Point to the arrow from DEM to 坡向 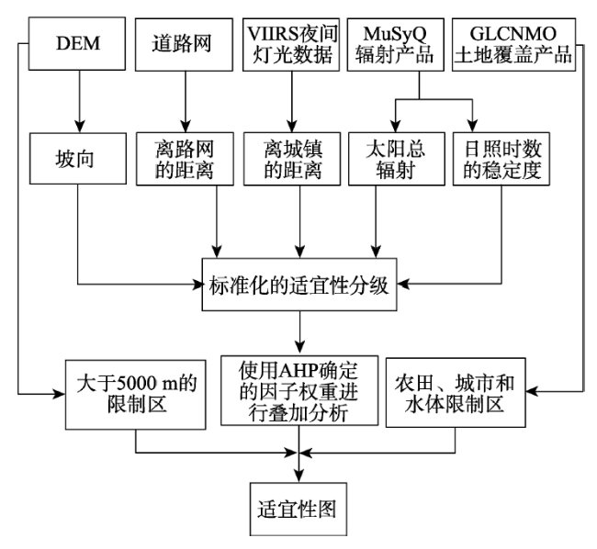click(x=80, y=101)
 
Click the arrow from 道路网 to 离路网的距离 click(x=186, y=102)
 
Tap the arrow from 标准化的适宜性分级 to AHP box click(x=299, y=331)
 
